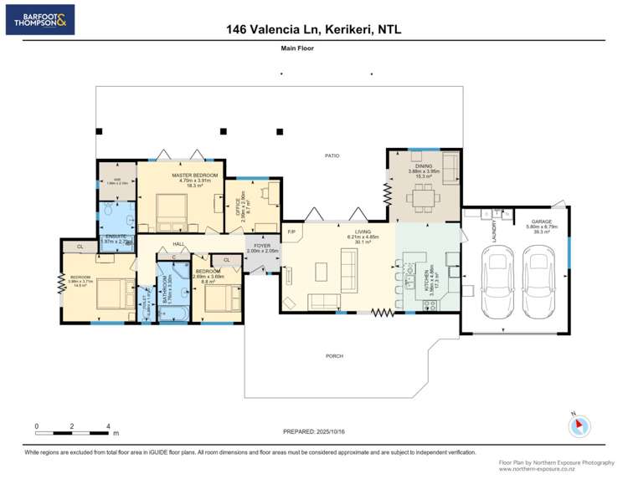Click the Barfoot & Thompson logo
pyautogui.click(x=40, y=19)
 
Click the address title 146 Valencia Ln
pyautogui.click(x=314, y=29)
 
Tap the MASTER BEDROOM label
pyautogui.click(x=194, y=175)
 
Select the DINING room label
pyautogui.click(x=423, y=166)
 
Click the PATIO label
pyautogui.click(x=332, y=155)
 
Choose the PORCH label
pyautogui.click(x=335, y=355)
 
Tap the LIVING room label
pyautogui.click(x=363, y=232)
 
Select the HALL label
pyautogui.click(x=178, y=244)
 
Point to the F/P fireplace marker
pyautogui.click(x=291, y=232)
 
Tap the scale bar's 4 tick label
pyautogui.click(x=109, y=426)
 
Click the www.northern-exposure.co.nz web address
pyautogui.click(x=557, y=468)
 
